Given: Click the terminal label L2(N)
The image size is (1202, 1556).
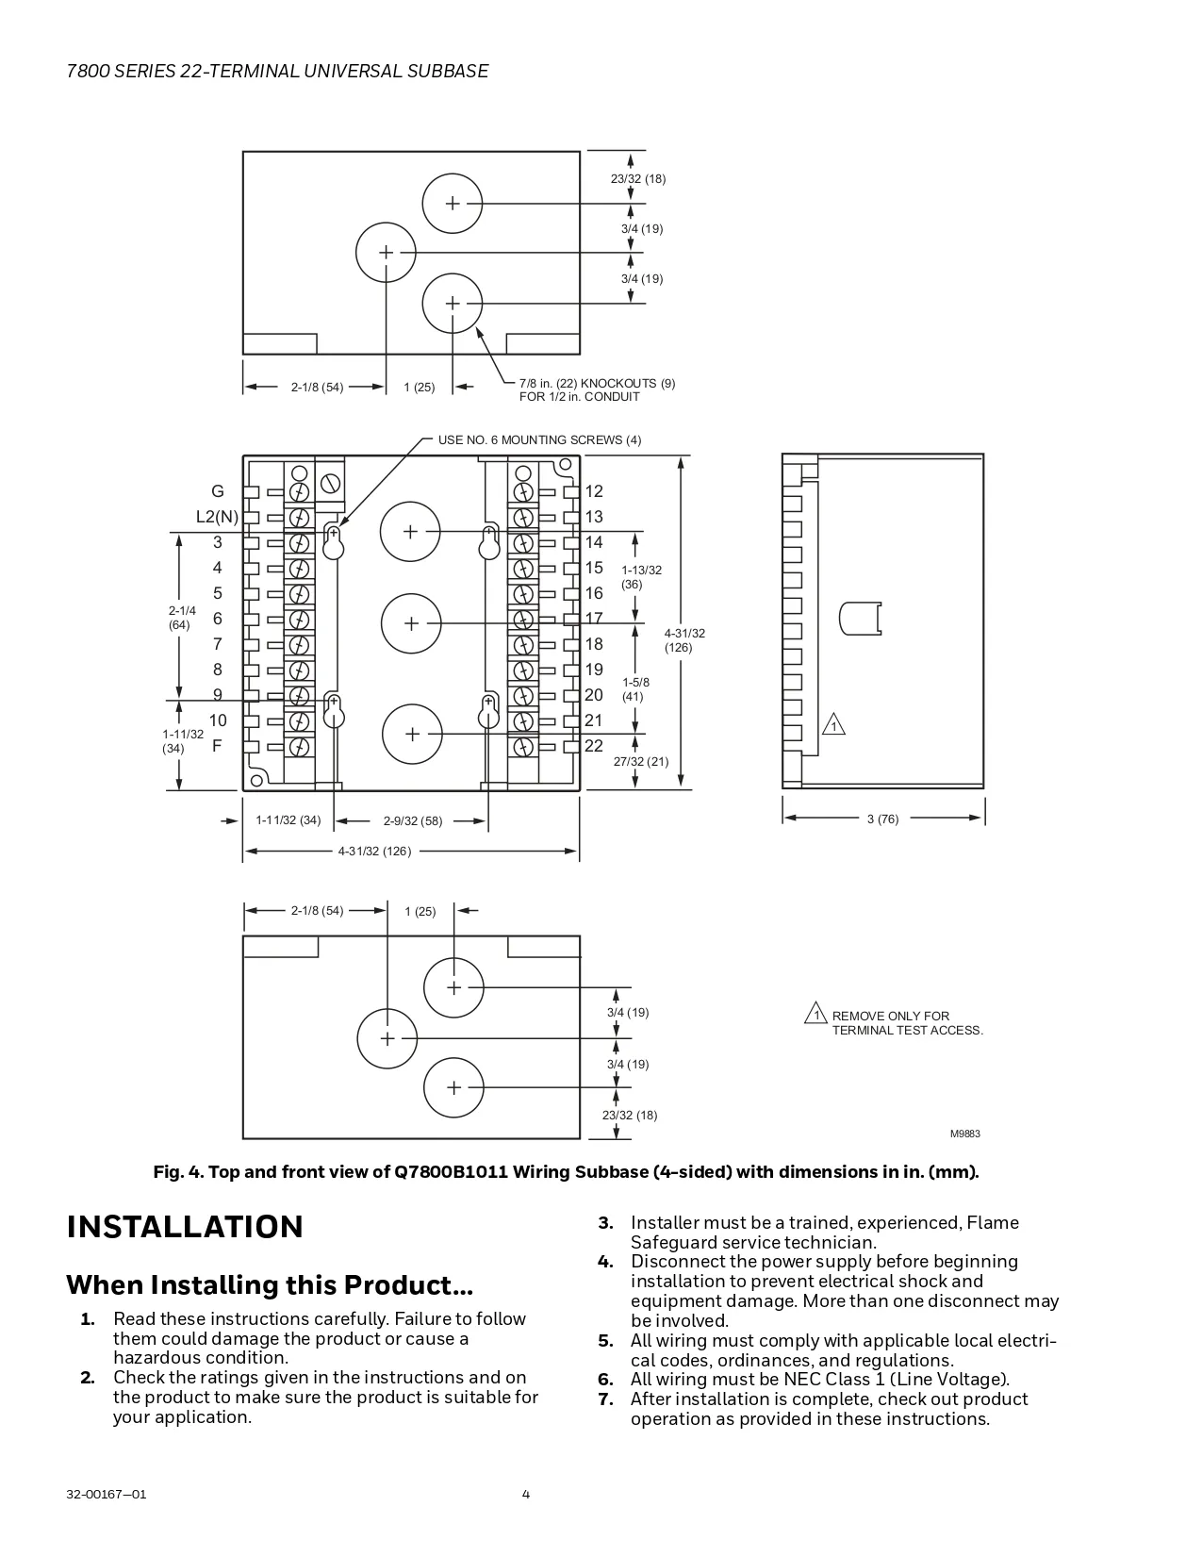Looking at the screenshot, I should click(x=217, y=517).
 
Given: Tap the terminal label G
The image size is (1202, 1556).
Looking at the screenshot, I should click(x=218, y=491).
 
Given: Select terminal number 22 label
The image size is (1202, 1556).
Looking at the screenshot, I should click(x=594, y=746).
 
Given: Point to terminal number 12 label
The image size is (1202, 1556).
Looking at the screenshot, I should click(x=594, y=491).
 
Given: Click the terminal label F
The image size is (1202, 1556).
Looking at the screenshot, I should click(x=217, y=746).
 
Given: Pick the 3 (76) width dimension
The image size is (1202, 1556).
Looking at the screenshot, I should click(x=882, y=819).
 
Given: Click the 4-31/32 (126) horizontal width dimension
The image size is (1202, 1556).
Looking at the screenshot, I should click(x=374, y=852).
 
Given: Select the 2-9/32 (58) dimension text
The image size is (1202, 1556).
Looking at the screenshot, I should click(x=413, y=821).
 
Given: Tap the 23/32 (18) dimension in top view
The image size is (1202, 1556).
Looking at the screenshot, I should click(x=637, y=179).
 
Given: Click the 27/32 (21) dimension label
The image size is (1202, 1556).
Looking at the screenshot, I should click(x=641, y=762).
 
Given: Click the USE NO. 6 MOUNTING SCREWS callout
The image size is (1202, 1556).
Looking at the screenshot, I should click(x=539, y=440).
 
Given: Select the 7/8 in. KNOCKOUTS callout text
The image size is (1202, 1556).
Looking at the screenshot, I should click(x=597, y=390).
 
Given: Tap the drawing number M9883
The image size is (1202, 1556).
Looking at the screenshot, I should click(x=964, y=1134).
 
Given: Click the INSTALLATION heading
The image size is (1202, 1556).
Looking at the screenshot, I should click(x=185, y=1227).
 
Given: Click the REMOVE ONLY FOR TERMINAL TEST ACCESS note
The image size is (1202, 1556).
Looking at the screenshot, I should click(x=906, y=1023).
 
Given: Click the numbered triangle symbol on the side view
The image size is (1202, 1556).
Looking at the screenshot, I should click(x=833, y=725).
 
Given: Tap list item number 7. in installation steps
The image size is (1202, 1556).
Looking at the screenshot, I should click(x=606, y=1399).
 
